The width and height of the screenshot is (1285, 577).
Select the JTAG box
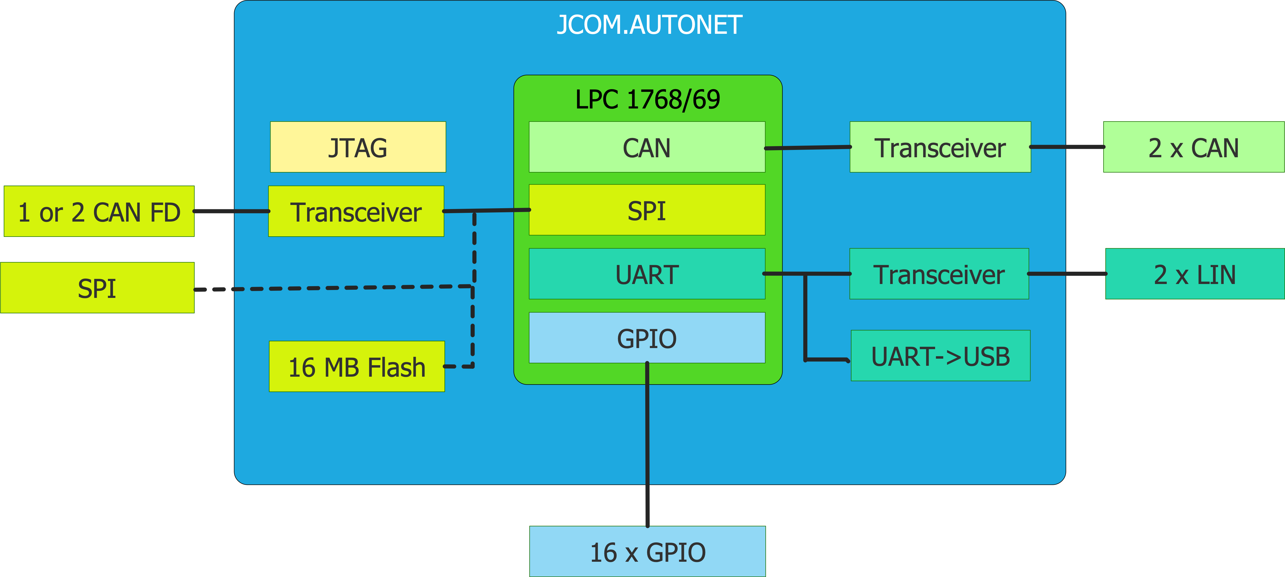pos(358,147)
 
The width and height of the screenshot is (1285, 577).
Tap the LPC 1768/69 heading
pos(647,99)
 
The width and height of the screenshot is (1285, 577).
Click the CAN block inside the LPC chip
pos(647,147)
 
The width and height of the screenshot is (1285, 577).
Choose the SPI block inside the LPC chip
pos(647,210)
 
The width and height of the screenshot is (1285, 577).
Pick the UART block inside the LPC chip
pos(647,274)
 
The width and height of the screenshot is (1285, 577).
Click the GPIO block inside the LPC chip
pos(647,338)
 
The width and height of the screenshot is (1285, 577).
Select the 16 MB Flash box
pos(357,367)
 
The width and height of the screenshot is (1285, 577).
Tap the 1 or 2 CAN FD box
pos(99,212)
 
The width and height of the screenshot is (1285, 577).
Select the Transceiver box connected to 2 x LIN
pos(939,274)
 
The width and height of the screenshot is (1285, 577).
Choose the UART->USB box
pos(940,356)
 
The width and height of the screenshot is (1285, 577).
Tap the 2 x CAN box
pos(1193,147)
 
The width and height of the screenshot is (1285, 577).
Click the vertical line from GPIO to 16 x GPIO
pos(647,449)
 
